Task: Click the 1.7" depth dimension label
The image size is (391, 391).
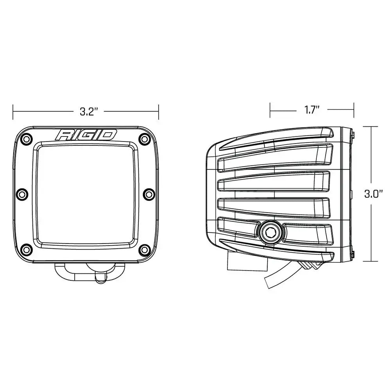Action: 312,110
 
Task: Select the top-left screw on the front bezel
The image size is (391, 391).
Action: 26,138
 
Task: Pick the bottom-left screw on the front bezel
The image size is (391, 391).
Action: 26,249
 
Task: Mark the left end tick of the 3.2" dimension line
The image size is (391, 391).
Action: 13,111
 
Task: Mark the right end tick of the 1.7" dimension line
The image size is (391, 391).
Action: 354,110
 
